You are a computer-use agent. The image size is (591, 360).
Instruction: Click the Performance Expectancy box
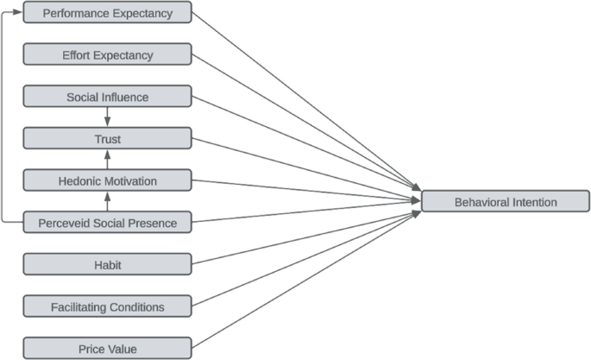tap(107, 13)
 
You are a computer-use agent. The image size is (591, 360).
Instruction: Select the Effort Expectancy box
tap(107, 55)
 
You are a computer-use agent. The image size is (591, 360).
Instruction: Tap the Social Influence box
tap(107, 97)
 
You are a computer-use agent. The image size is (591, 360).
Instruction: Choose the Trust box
tap(107, 138)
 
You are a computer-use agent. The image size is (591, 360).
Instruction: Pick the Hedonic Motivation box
tap(107, 180)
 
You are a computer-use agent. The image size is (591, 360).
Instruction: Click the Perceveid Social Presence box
tap(107, 223)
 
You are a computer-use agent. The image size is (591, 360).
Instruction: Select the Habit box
tap(107, 264)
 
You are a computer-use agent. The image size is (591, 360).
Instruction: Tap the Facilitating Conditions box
tap(107, 306)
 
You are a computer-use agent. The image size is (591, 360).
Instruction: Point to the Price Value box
tap(107, 348)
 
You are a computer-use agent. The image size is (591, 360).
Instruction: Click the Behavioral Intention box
tap(506, 202)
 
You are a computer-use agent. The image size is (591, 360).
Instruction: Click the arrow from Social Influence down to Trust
tap(108, 117)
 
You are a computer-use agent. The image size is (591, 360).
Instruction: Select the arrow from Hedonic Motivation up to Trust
tap(108, 160)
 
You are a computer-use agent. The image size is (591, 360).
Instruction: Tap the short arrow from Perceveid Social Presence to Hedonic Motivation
tap(108, 202)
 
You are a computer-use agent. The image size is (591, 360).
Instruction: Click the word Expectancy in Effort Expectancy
tap(124, 55)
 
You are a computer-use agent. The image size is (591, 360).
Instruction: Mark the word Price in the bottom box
tap(93, 348)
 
